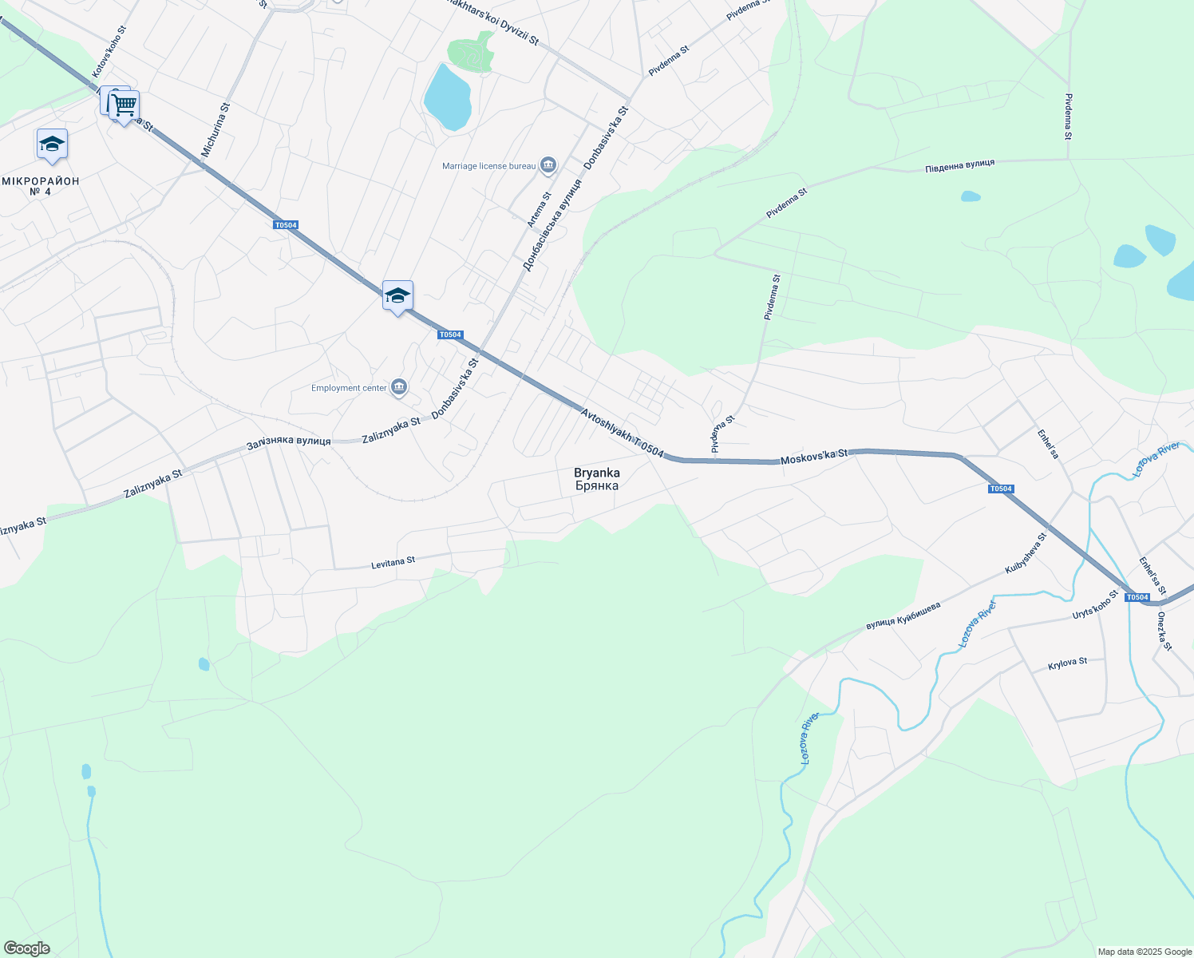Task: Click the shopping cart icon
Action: (124, 105)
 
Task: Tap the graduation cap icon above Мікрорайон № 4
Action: (52, 144)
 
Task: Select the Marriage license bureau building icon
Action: (548, 165)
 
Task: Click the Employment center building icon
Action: (400, 388)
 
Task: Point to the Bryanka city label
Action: (596, 473)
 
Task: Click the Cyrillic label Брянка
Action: (596, 485)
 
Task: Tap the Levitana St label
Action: (393, 563)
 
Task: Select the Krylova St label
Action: (1067, 663)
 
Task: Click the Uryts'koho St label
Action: (1096, 605)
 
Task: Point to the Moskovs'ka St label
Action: (813, 457)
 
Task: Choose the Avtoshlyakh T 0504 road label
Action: (622, 433)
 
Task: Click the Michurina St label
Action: (215, 129)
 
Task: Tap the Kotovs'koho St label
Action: (109, 52)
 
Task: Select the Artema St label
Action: (539, 209)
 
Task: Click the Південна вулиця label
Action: (959, 165)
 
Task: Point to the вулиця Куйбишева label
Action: (903, 616)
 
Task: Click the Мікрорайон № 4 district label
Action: (41, 186)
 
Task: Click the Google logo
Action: (26, 948)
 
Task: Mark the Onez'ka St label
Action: (1164, 631)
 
